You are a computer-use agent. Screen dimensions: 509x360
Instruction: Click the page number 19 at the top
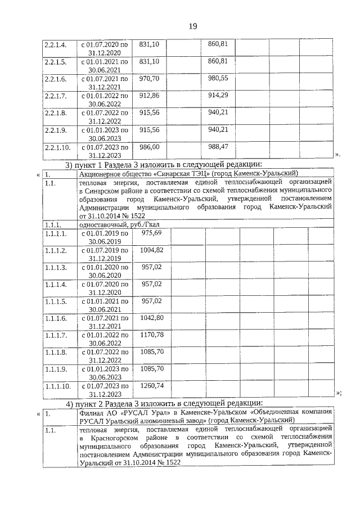point(192,26)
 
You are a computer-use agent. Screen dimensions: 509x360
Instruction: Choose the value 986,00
point(149,146)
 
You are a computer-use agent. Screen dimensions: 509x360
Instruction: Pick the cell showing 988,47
point(217,146)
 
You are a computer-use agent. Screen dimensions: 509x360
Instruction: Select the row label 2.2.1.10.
point(57,147)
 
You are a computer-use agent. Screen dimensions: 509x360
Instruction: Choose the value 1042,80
point(151,318)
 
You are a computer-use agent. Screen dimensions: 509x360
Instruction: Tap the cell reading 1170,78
point(151,335)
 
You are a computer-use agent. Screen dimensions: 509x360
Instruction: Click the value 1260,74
point(151,386)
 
